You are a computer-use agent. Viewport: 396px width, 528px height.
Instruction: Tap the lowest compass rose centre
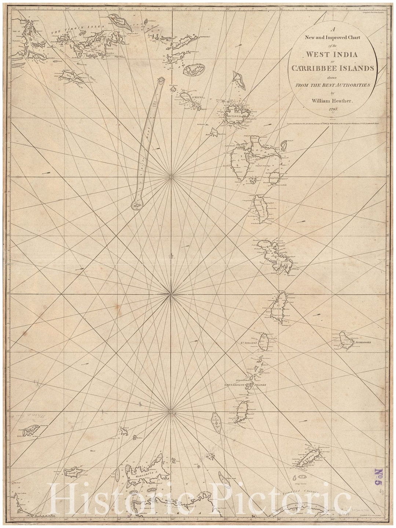[x=170, y=412]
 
